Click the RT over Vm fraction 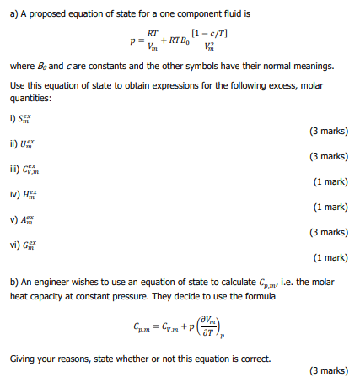tap(153, 39)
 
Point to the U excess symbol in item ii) tap(35, 143)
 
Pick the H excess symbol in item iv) tap(35, 194)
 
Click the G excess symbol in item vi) tap(35, 245)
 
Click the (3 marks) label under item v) tap(328, 232)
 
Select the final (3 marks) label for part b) tap(328, 370)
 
